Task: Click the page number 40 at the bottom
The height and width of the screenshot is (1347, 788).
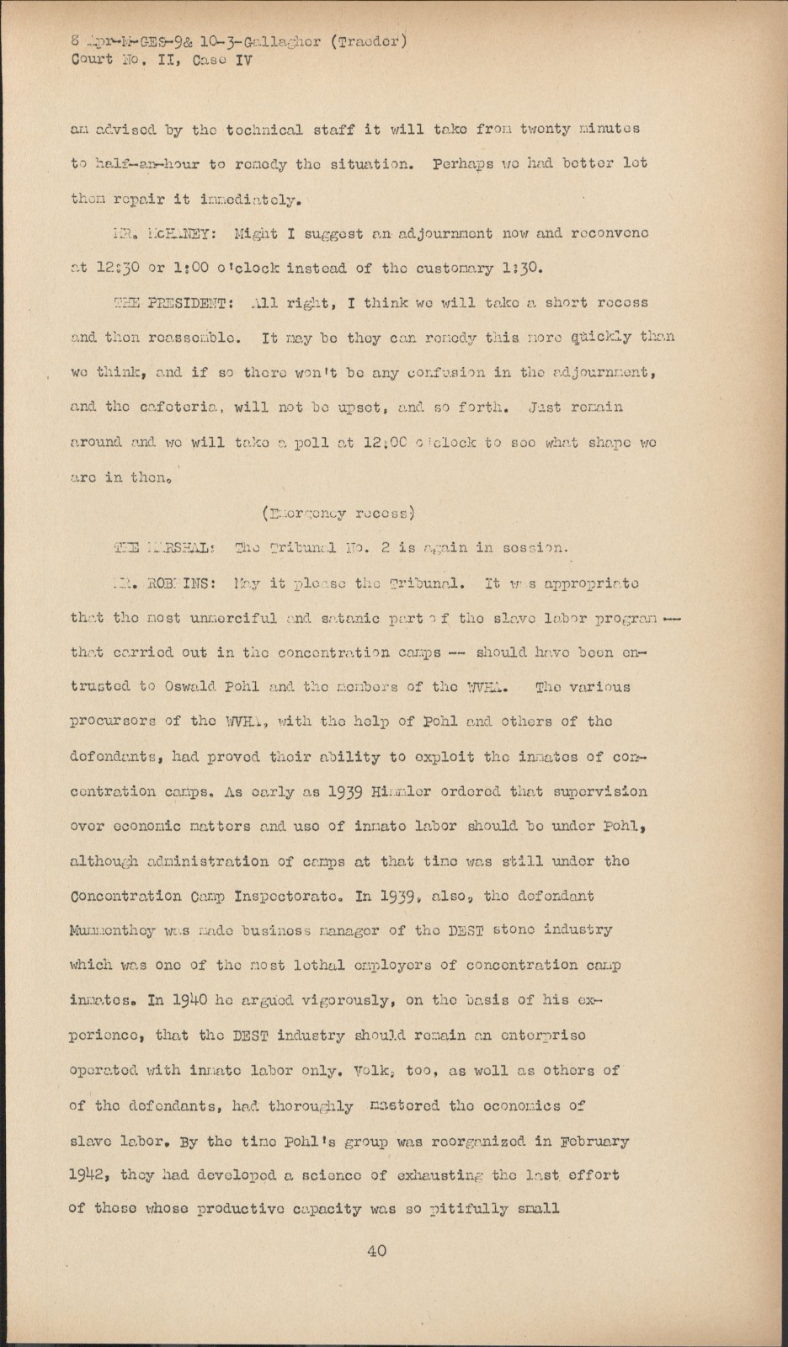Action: point(376,1250)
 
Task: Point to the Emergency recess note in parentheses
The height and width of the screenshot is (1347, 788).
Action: point(337,512)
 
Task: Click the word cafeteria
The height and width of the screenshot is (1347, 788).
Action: point(178,407)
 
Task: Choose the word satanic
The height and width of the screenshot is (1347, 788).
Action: point(347,617)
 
